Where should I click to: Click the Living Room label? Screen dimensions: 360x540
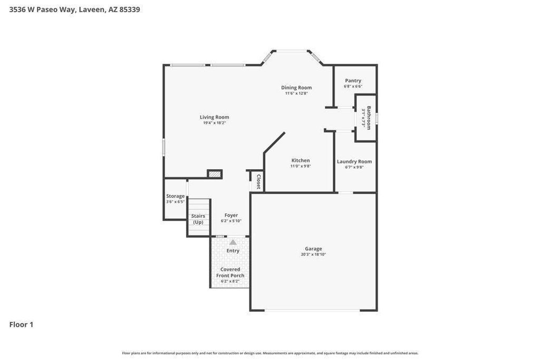[214, 117]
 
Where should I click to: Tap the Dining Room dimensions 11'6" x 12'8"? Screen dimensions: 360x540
[296, 93]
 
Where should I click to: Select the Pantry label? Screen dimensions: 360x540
[353, 81]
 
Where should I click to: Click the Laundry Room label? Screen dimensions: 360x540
[354, 161]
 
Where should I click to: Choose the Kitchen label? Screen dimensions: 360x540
[301, 160]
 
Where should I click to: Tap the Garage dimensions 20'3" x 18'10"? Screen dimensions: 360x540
[313, 255]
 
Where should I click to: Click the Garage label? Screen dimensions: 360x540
[313, 249]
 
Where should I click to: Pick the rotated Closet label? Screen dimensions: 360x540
[258, 182]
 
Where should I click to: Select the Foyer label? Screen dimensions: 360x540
[231, 215]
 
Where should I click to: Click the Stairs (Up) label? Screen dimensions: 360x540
[198, 219]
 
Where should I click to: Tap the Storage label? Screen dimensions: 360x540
[175, 196]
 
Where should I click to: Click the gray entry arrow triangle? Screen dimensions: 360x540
[233, 242]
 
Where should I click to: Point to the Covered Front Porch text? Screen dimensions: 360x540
[230, 273]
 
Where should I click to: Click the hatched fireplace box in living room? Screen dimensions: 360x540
[215, 174]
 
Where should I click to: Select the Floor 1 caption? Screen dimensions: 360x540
[21, 325]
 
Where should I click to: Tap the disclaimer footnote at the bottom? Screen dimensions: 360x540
[270, 353]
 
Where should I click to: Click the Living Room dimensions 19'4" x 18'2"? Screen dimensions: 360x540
[214, 123]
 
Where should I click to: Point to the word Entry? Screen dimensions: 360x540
[233, 251]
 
